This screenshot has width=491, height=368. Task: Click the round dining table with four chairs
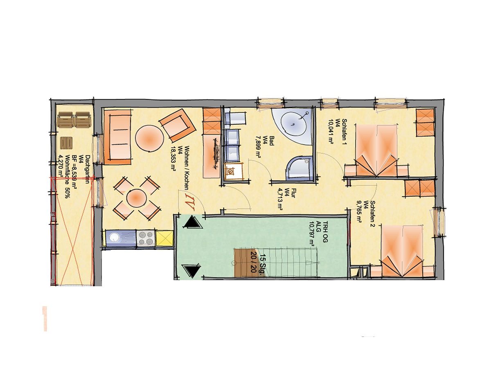137,199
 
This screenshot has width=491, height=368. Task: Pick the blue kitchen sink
121,238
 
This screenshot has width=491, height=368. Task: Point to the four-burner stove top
146,238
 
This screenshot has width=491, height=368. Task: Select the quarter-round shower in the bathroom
301,168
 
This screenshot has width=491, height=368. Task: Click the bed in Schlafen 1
376,150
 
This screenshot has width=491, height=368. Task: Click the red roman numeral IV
189,200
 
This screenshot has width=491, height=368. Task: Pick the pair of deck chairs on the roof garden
74,121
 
